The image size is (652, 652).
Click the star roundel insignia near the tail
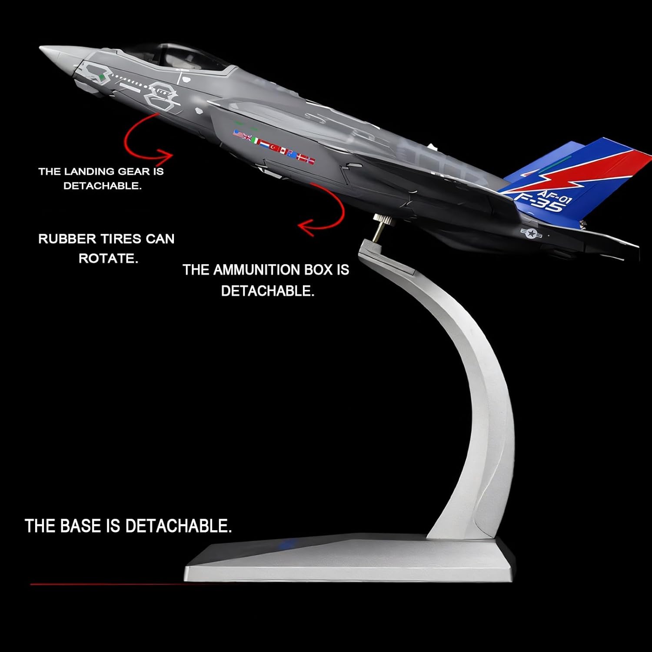point(531,233)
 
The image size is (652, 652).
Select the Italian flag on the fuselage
point(256,141)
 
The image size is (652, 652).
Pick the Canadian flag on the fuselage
point(284,151)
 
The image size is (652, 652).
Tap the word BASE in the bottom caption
point(80,526)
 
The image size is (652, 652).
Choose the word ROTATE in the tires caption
point(108,258)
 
